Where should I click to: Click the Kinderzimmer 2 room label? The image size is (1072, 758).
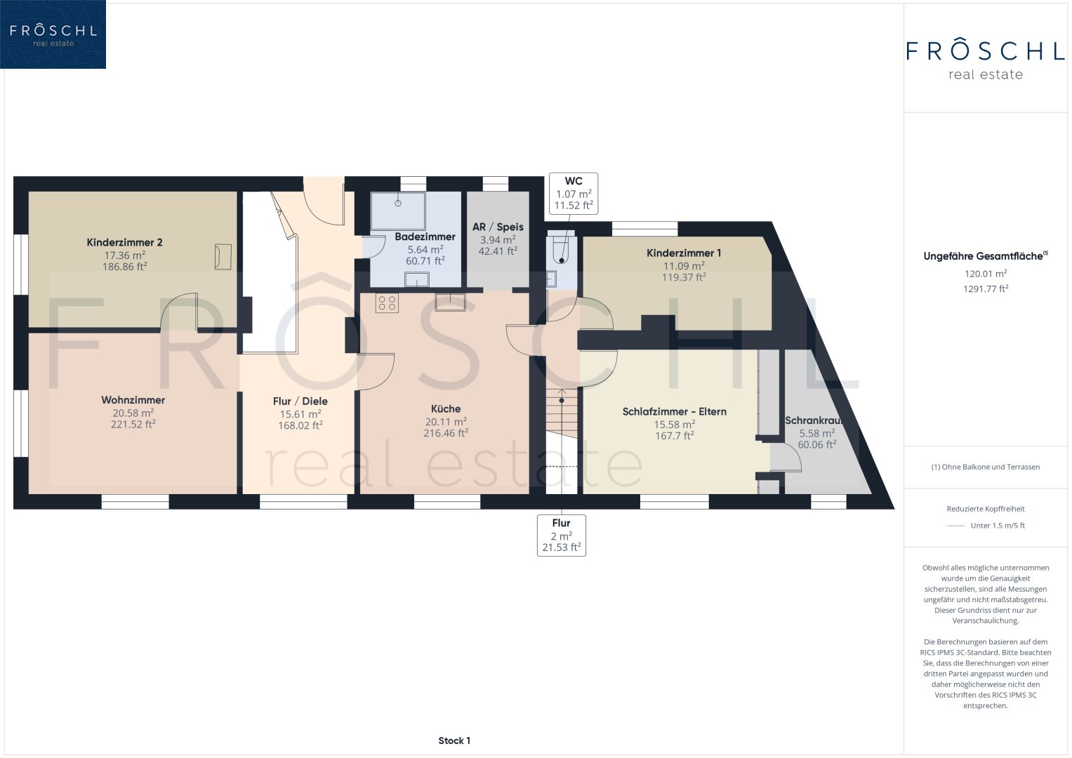(124, 242)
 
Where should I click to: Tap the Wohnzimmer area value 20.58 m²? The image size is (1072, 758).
(133, 413)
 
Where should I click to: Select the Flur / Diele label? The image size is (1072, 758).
(300, 401)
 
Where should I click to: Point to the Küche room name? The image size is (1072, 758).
(446, 408)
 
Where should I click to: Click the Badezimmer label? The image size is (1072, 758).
(425, 237)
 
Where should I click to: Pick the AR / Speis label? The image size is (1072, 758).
(498, 227)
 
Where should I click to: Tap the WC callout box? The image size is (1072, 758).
(574, 193)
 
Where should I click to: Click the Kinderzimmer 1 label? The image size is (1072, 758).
(683, 253)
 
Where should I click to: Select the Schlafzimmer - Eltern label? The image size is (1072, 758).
(675, 411)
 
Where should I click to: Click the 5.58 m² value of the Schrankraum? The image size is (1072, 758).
(817, 433)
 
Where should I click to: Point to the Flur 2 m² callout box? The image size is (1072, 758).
(562, 536)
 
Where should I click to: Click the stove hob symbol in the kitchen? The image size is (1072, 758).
(387, 303)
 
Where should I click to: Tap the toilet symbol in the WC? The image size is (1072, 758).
(560, 250)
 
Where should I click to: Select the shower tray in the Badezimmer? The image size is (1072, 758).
(397, 211)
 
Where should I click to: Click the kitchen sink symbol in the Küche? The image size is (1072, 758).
(450, 302)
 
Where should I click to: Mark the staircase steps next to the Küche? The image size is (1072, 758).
(562, 413)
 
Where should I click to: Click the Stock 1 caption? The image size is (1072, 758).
(454, 740)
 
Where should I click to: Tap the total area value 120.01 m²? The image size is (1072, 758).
(986, 274)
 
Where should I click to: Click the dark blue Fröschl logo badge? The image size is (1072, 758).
(53, 34)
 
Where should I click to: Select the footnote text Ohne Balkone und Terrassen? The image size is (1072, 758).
(991, 467)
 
